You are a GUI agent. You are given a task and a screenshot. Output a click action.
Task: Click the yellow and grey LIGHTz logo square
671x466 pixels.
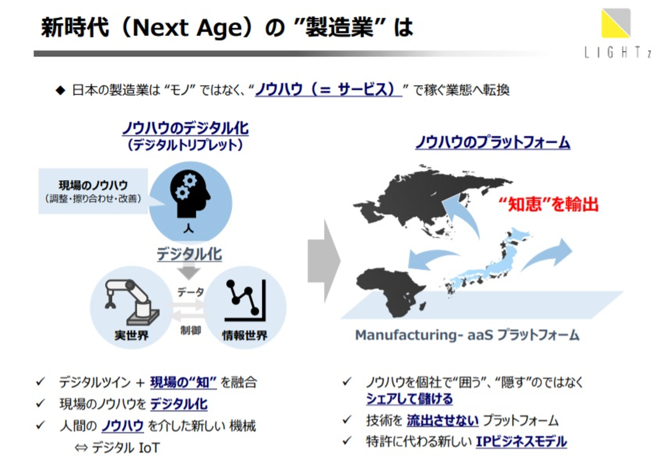point(616,23)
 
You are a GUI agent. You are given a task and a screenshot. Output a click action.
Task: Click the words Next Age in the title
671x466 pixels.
point(187,28)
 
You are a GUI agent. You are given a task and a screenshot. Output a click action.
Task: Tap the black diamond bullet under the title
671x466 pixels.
point(61,90)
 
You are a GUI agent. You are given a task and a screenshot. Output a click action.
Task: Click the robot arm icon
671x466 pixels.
point(132,302)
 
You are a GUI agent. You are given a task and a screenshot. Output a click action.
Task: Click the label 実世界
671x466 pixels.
point(131,336)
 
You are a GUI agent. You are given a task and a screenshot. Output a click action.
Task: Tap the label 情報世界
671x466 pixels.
point(245,336)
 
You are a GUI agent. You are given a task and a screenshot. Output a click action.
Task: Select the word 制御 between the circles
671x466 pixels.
point(191,330)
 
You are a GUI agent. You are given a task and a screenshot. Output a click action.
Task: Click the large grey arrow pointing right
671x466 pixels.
point(324,261)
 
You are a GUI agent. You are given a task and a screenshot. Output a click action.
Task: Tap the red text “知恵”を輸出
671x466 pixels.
point(548,205)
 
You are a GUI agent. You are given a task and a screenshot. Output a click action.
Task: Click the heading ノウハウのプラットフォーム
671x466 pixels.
point(493,142)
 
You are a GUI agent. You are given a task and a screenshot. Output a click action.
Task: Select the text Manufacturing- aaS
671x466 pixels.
point(424,335)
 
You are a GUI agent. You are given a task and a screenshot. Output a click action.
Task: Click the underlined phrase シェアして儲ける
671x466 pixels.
point(409,399)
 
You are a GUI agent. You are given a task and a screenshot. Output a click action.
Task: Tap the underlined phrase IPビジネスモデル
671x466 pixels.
point(521,442)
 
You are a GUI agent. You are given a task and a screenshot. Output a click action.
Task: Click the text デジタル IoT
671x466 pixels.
point(125,448)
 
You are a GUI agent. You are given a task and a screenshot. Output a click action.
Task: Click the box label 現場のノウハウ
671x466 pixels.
point(93,185)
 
